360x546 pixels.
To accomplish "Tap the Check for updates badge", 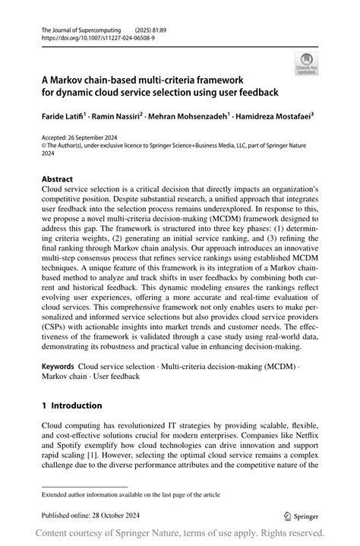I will [x=308, y=64].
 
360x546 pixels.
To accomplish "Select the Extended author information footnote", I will [x=131, y=495].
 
